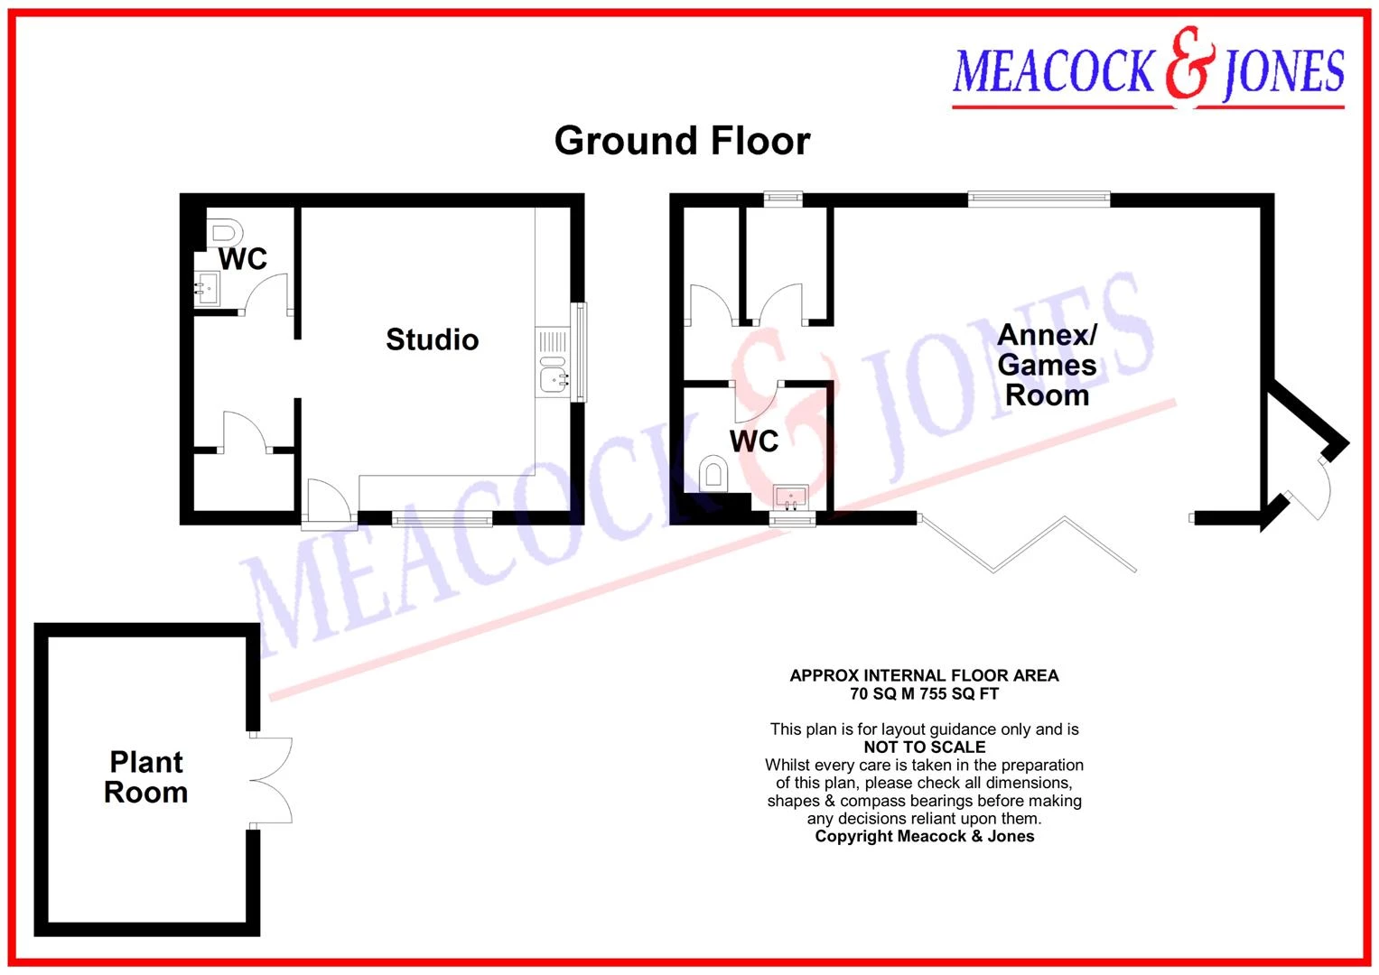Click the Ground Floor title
682,141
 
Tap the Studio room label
433,339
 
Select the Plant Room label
146,777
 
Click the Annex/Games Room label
1047,365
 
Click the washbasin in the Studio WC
206,288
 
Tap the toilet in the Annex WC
714,473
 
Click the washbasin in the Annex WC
790,497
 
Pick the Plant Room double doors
271,780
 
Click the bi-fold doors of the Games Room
1027,544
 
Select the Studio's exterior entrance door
330,505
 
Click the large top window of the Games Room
1039,199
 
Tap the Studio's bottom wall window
442,521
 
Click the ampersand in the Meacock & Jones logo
1190,63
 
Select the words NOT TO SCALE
924,747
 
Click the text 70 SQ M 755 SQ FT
924,693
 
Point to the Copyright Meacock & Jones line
924,837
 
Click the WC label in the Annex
754,441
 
